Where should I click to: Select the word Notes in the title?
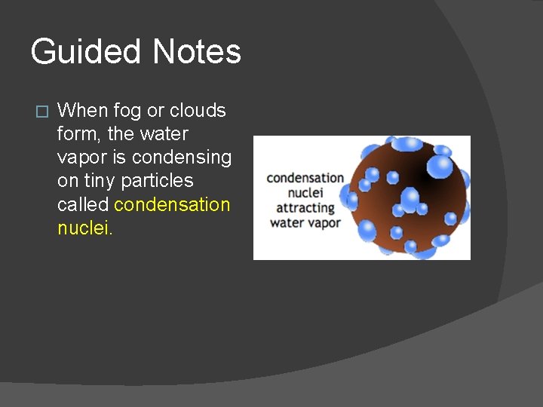point(197,52)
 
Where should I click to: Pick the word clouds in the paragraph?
point(198,111)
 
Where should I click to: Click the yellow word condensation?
point(172,204)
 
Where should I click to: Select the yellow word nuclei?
point(84,228)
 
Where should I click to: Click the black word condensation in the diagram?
point(305,178)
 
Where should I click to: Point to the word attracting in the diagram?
point(305,207)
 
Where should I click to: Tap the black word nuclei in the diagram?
point(305,193)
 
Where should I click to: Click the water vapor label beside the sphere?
point(305,222)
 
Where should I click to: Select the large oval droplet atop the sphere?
point(406,143)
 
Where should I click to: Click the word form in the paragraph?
point(74,134)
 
